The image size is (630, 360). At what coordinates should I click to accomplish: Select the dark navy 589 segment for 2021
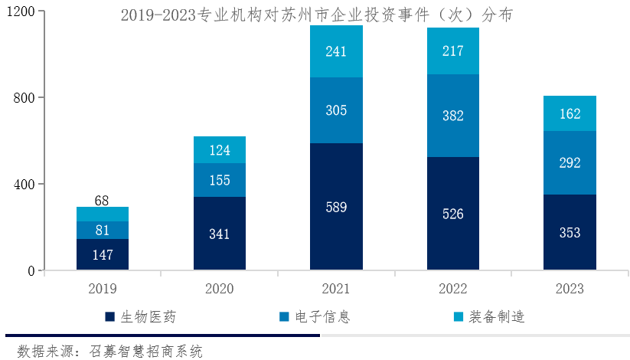coord(336,207)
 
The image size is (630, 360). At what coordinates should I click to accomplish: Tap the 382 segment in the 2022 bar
coord(453,116)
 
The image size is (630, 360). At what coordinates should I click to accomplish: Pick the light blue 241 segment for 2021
coord(336,51)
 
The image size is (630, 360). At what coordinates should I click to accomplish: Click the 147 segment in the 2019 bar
coord(103,254)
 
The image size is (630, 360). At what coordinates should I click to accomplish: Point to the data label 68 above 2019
coord(103,201)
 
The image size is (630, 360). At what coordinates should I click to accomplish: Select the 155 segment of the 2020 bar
coord(220,180)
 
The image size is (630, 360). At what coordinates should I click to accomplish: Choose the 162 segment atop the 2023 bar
coord(570,114)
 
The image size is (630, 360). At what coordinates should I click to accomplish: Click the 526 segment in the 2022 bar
coord(453,214)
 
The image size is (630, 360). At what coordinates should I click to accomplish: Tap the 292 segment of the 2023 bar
coord(570,162)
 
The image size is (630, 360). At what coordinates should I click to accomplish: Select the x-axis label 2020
coord(220,290)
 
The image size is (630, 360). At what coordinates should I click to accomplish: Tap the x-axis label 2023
coord(570,290)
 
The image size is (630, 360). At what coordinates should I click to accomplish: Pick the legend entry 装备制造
coord(489,317)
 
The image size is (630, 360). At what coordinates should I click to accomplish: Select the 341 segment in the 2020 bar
coord(220,234)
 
